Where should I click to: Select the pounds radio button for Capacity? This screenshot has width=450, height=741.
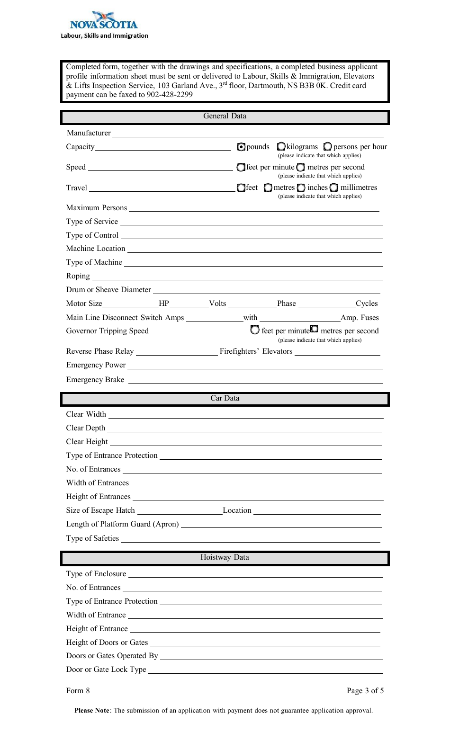click(241, 147)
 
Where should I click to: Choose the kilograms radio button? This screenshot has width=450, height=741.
click(281, 147)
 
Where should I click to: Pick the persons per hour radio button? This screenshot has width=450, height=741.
click(328, 147)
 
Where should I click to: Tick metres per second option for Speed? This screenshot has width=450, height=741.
click(301, 167)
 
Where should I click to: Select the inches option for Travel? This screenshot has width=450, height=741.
click(301, 187)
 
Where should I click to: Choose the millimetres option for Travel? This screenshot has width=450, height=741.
click(334, 187)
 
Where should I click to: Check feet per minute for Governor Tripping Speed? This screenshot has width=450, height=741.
click(255, 330)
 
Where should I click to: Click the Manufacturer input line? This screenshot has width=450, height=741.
click(247, 133)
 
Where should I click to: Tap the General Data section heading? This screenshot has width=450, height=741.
click(225, 116)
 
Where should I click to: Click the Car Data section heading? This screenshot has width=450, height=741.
click(225, 399)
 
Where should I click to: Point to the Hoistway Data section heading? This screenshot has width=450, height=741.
click(225, 558)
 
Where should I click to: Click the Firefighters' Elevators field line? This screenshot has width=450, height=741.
click(337, 351)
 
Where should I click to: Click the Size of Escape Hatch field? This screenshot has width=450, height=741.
click(179, 510)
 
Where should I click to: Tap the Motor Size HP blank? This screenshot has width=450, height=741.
click(130, 304)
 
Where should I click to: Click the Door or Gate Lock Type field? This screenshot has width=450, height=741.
click(265, 670)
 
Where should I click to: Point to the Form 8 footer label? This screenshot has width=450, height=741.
click(78, 691)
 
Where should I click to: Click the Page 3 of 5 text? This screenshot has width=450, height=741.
click(365, 691)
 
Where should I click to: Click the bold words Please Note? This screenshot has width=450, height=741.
click(92, 711)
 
